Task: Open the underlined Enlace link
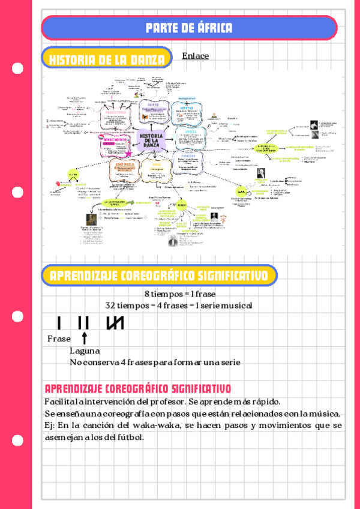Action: [195, 56]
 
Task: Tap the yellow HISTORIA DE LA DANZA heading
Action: [107, 59]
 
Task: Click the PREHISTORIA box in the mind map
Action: [115, 112]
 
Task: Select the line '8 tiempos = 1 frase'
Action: [179, 294]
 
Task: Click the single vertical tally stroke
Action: [59, 322]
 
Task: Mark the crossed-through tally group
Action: [115, 322]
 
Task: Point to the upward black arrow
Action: [85, 337]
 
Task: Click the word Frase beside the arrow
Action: [59, 339]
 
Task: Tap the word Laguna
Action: [85, 351]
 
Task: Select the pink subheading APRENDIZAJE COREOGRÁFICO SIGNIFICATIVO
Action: [137, 388]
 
